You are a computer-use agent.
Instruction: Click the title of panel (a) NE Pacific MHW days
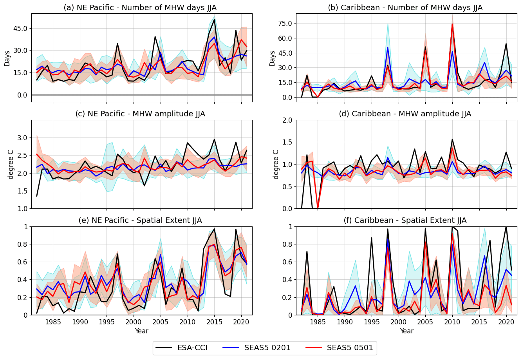140,7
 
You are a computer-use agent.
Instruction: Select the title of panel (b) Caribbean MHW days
405,7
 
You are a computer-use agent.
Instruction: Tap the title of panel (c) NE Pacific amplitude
140,114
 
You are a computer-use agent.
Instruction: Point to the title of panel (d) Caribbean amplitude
405,114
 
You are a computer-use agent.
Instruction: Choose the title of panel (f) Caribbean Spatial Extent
405,221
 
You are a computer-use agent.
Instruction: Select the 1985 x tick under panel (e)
53,322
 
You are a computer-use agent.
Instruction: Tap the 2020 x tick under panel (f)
506,322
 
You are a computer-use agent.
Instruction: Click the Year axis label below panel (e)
141,331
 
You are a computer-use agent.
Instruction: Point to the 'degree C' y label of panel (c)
11,164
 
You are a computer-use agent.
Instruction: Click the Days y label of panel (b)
273,58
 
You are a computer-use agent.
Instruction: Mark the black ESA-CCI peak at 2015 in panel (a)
215,19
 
